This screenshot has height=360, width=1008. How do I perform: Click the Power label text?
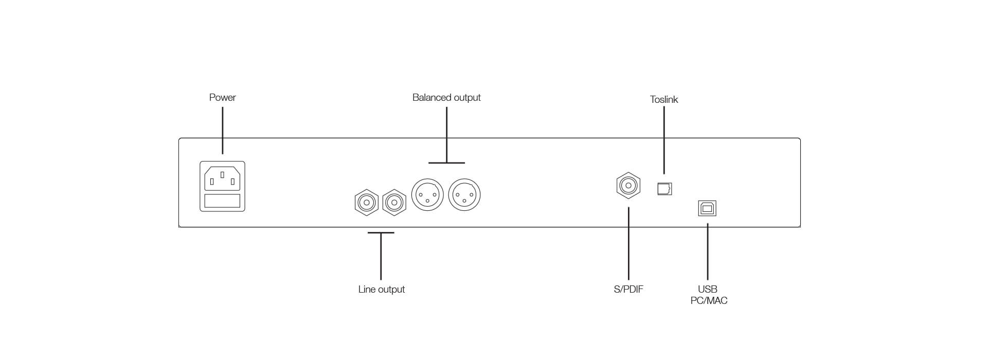click(222, 98)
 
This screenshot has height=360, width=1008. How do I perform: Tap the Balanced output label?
click(446, 98)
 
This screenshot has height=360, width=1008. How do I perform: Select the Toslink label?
click(663, 100)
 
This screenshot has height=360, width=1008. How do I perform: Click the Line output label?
click(381, 290)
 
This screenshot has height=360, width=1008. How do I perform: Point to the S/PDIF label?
click(628, 290)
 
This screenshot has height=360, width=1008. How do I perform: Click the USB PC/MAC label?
click(708, 295)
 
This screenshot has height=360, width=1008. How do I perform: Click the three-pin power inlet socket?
click(222, 178)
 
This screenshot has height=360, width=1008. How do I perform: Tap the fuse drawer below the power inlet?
click(222, 201)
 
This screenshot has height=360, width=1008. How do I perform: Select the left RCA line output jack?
click(367, 203)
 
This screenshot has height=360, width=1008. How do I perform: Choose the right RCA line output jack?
click(394, 203)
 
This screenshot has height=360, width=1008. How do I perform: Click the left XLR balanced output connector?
click(427, 195)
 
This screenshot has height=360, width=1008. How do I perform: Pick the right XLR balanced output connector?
click(464, 195)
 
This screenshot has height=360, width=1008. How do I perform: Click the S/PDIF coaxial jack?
click(628, 185)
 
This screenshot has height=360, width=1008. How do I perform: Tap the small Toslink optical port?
click(664, 189)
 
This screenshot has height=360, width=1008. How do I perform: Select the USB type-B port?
click(707, 208)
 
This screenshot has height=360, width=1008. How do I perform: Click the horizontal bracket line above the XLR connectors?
click(446, 163)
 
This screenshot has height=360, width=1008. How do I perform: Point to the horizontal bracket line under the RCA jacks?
click(381, 233)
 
